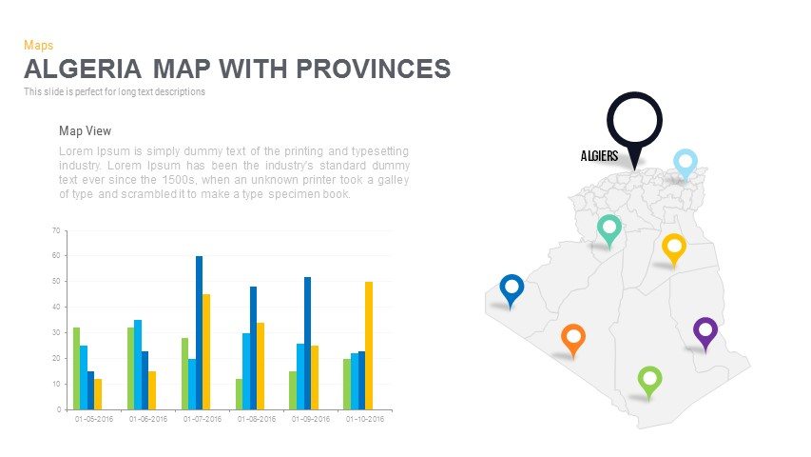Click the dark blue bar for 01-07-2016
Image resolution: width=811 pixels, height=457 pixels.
pos(200,332)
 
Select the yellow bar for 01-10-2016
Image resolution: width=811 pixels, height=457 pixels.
pos(369,345)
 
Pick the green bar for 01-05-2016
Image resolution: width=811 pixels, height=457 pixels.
pos(76,368)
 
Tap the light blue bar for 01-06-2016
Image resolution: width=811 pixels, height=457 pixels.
pos(138,365)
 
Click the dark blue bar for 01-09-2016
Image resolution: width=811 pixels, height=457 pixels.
pos(308,343)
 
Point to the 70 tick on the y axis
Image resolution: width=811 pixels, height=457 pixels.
pos(56,230)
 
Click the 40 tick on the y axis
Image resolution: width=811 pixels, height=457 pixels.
pos(56,308)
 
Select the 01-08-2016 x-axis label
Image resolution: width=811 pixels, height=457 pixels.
pos(257,419)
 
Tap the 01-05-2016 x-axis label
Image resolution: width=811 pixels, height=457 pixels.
pos(94,419)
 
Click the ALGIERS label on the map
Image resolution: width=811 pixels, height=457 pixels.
pos(599,155)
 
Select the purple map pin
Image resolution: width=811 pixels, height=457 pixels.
pos(705,331)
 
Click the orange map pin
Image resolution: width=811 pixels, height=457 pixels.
pos(572,337)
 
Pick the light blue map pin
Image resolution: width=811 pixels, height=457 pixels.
pos(685,162)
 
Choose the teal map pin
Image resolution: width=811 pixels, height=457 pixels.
pos(609,228)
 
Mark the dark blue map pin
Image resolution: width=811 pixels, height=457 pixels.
pos(512,288)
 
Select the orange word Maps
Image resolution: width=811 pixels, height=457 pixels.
pos(38,45)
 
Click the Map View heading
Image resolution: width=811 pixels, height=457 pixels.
pos(86,131)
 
